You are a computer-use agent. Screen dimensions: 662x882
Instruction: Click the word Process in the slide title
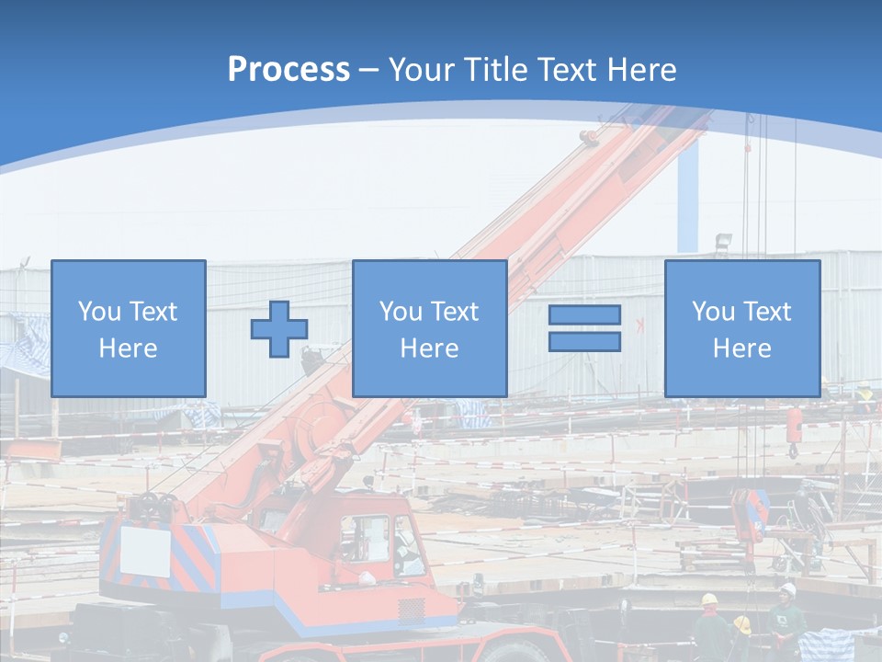288,70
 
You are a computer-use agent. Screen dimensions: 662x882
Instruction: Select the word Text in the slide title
574,70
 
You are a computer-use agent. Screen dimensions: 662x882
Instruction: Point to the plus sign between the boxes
279,329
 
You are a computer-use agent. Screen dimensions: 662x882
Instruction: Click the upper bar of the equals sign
584,315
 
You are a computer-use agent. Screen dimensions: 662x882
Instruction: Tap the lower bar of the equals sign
584,341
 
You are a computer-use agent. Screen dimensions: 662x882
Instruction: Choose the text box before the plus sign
129,328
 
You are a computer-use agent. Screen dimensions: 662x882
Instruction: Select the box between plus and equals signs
429,328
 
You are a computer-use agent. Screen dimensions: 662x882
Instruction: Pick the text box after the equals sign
741,328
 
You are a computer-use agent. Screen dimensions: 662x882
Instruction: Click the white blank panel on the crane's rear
145,551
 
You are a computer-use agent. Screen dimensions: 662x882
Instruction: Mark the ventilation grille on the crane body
412,609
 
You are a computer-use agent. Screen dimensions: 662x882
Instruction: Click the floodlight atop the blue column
724,242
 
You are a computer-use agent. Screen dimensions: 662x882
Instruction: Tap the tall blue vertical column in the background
687,198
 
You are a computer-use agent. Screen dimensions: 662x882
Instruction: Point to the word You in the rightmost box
713,312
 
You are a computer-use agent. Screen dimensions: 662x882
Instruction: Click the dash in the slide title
369,71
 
